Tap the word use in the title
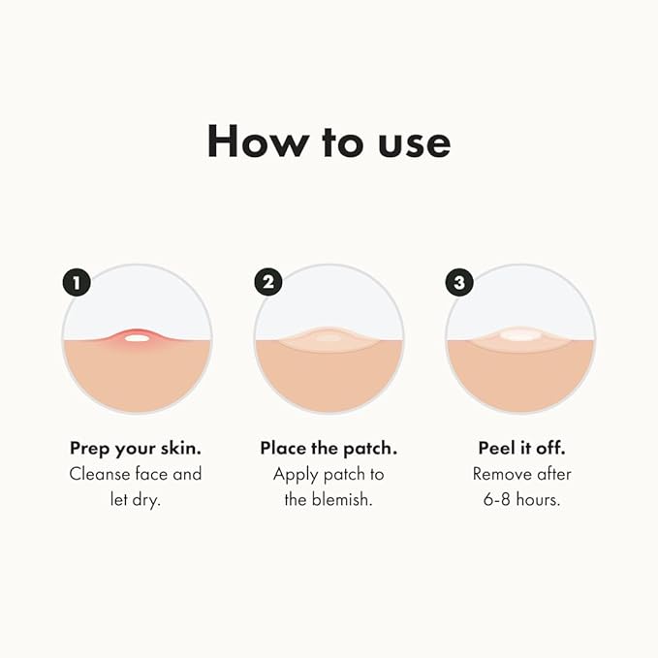(x=411, y=142)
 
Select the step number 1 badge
(x=76, y=282)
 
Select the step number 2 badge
(x=267, y=282)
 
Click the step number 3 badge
(x=459, y=282)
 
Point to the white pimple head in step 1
(x=137, y=337)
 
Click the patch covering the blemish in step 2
(x=329, y=338)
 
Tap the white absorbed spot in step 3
(x=520, y=335)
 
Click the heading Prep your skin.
(x=136, y=449)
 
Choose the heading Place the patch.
(x=329, y=449)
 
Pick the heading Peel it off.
(x=521, y=449)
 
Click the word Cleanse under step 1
(x=101, y=474)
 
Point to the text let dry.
(x=136, y=500)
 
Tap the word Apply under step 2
(x=297, y=474)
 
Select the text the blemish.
(x=329, y=500)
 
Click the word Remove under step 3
(x=503, y=474)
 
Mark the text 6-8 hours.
(x=521, y=500)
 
